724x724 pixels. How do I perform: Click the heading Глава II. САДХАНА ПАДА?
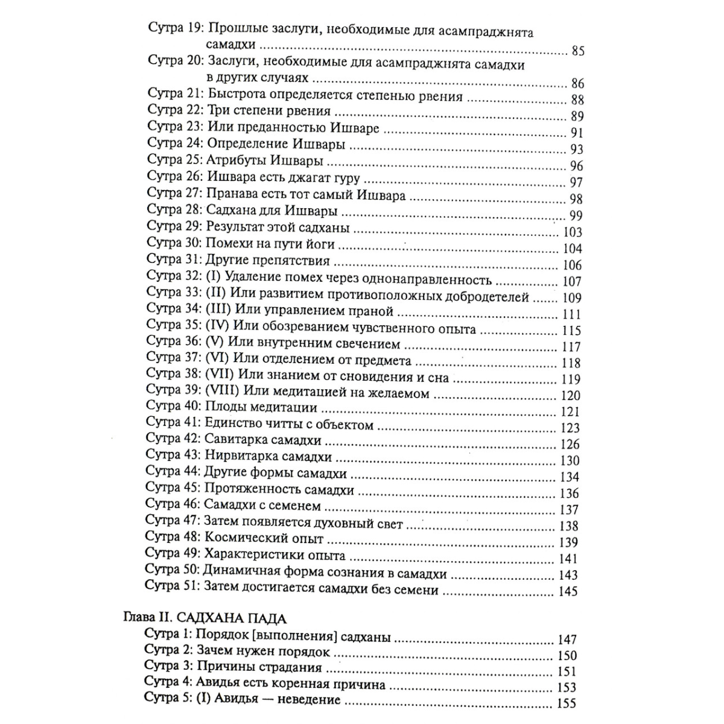tap(205, 618)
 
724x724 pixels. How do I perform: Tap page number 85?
tap(577, 51)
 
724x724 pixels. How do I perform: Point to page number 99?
tap(576, 216)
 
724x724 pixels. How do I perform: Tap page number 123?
tap(570, 428)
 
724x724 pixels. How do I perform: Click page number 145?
tap(568, 591)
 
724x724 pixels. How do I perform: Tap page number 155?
tap(567, 703)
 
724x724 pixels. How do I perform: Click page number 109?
tap(571, 297)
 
